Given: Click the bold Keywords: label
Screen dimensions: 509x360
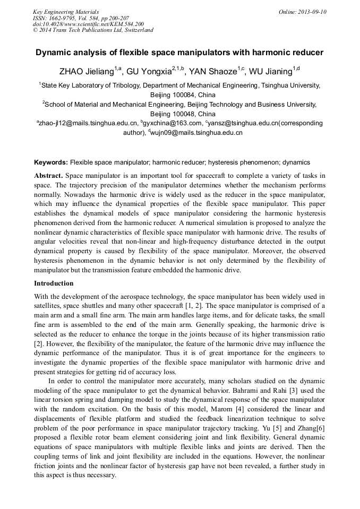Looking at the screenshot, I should [51, 162].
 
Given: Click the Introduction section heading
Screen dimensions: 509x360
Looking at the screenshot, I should [54, 283].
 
